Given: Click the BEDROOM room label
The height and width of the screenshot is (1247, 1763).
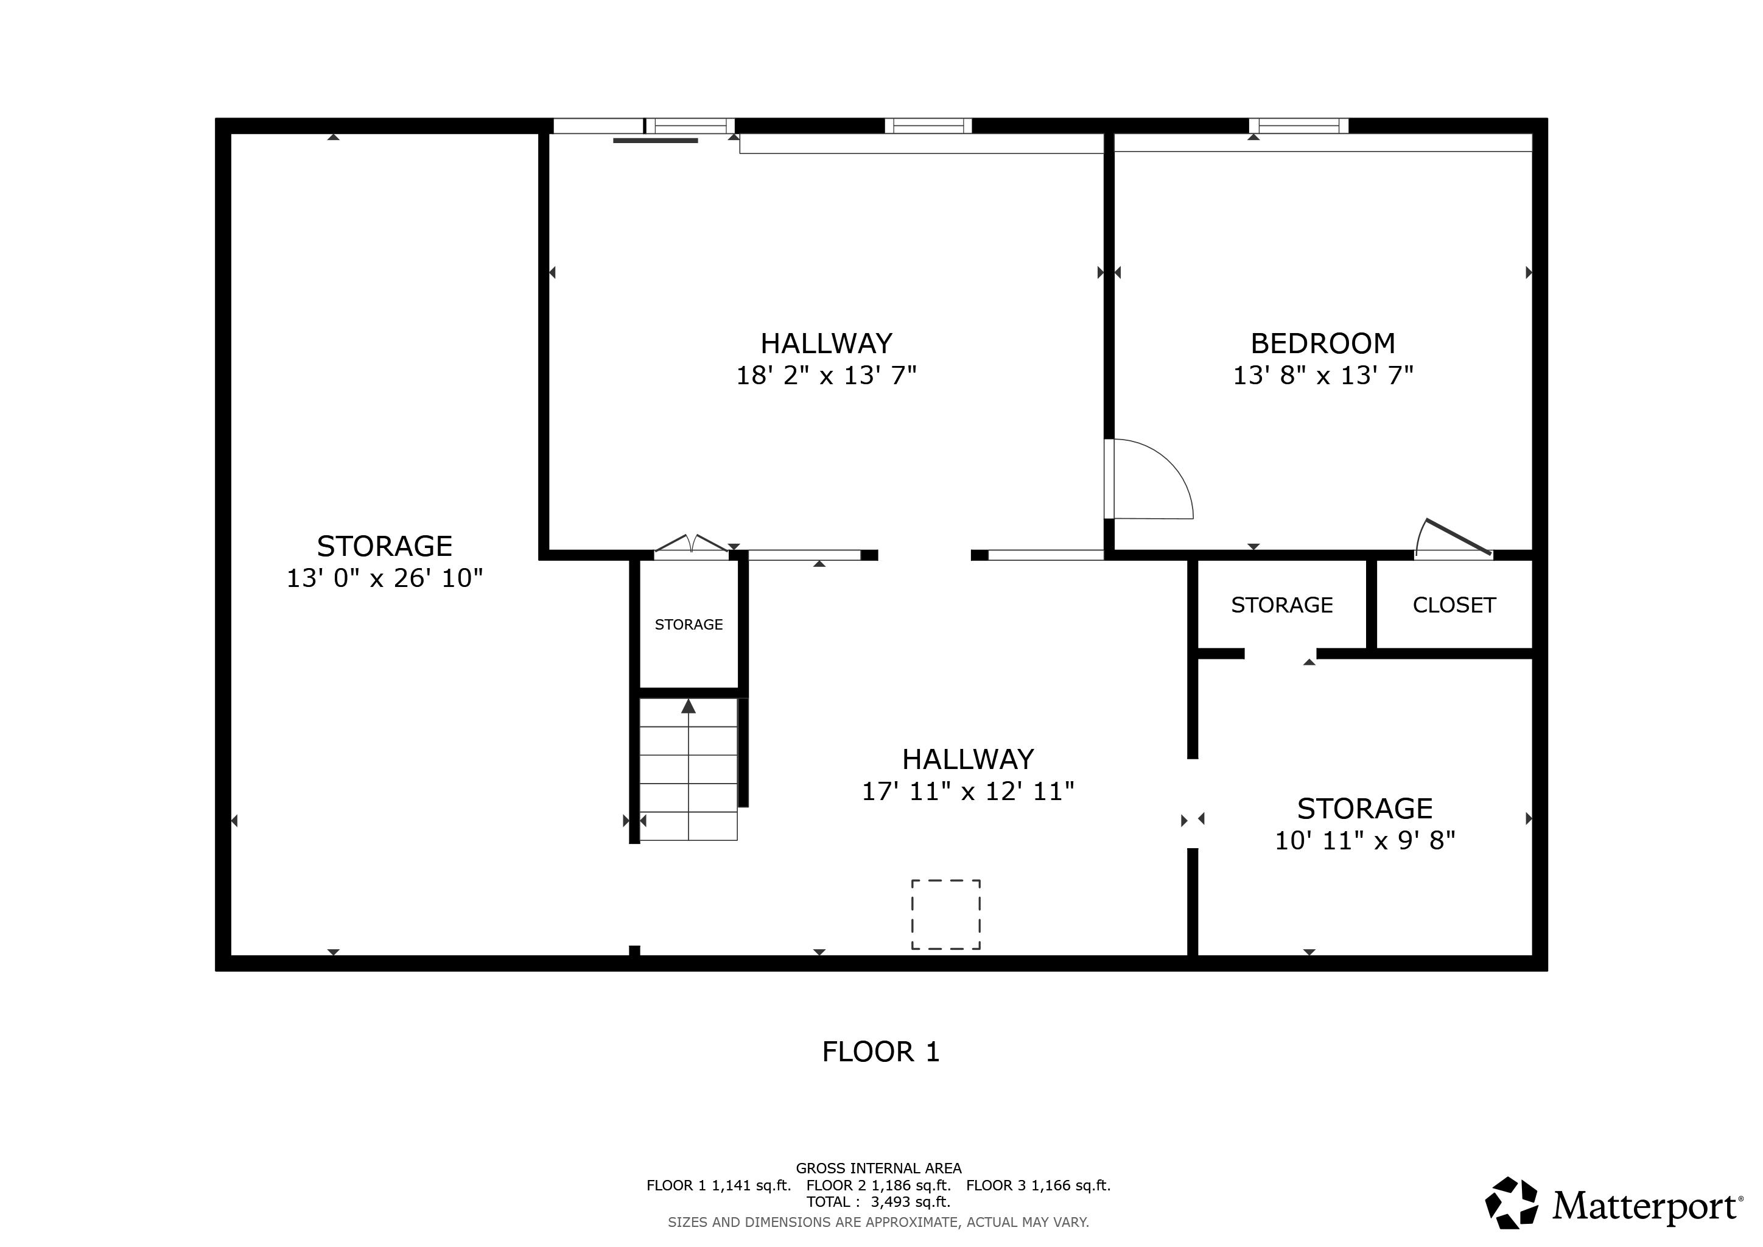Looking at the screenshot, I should pos(1322,343).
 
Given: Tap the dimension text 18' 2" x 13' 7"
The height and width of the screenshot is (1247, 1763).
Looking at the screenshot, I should pos(826,376).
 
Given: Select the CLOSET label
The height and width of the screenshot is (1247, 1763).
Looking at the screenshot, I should pos(1454,605).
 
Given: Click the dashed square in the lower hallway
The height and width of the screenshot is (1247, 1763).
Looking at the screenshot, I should pos(945,915).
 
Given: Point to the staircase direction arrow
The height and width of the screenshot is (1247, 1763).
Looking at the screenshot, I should pos(688,706).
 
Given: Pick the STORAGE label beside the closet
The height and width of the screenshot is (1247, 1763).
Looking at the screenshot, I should pos(1281,605).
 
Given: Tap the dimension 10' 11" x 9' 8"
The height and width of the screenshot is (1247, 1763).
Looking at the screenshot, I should pos(1364,841).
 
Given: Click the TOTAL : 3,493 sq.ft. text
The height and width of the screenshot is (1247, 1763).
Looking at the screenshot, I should pos(878,1203).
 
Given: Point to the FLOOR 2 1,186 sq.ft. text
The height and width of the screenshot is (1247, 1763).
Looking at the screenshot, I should pos(878,1186).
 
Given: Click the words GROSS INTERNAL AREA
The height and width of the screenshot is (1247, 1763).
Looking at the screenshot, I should pos(878,1168).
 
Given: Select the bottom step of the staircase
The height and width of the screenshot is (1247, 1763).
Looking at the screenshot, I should pos(688,827).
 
